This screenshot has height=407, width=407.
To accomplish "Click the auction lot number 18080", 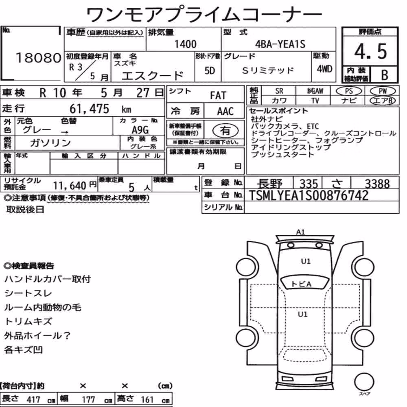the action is tap(38, 58).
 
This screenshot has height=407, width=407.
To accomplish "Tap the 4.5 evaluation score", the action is tap(370, 51).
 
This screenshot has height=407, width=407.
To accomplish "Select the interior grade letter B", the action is tap(385, 75).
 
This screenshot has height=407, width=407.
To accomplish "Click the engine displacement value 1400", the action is tap(185, 44).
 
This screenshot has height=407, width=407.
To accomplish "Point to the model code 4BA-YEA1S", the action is tap(280, 44).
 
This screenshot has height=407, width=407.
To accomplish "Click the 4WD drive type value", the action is tap(324, 69).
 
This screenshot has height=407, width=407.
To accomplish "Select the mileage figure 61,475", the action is tap(89, 109).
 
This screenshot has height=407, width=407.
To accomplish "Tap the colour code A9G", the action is tap(140, 129).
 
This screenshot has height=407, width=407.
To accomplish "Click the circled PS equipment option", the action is tap(349, 91).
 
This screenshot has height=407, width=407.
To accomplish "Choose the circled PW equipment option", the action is tap(383, 91).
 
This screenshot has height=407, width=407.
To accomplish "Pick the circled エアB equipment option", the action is tap(383, 101).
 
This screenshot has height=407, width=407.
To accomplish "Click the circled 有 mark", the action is tap(225, 131).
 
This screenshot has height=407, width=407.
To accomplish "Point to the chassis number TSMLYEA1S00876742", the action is tap(309, 195).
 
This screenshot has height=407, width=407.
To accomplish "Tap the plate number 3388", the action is tap(377, 184).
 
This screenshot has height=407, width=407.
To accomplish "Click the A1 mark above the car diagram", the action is tap(300, 232).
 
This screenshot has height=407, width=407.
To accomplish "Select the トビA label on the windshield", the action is tap(301, 284).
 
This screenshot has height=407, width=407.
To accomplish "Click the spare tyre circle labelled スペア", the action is tap(364, 382).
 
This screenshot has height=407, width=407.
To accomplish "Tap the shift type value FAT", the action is tap(218, 96).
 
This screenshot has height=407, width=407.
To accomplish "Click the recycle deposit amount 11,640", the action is tap(70, 186).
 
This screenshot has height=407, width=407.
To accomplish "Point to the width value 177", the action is tap(88, 399).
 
